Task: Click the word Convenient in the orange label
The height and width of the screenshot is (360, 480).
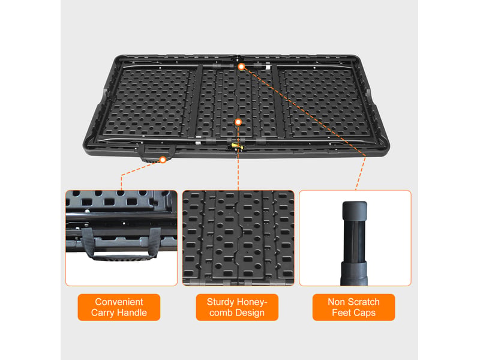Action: pyautogui.click(x=119, y=302)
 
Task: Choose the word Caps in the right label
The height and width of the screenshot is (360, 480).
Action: pyautogui.click(x=364, y=313)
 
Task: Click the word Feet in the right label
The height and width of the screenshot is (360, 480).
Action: pyautogui.click(x=341, y=313)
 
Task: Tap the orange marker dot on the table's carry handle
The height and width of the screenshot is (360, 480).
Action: pyautogui.click(x=163, y=160)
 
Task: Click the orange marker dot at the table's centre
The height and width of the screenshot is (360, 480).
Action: pyautogui.click(x=238, y=122)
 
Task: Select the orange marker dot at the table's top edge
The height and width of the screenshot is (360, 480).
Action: pyautogui.click(x=242, y=67)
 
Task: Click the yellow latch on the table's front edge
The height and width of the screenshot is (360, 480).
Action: pyautogui.click(x=236, y=146)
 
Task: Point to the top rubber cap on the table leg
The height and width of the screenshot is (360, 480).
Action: pyautogui.click(x=355, y=211)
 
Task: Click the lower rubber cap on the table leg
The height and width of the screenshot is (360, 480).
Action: pyautogui.click(x=354, y=273)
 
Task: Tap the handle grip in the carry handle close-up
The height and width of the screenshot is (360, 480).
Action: pyautogui.click(x=123, y=258)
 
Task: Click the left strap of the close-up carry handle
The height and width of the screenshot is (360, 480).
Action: pyautogui.click(x=88, y=242)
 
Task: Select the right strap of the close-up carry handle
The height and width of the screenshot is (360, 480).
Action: pyautogui.click(x=154, y=242)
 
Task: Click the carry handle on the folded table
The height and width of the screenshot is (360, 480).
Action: pyautogui.click(x=156, y=153)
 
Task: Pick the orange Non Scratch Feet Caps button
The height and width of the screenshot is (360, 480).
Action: pyautogui.click(x=353, y=307)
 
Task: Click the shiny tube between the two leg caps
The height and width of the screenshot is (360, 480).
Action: pyautogui.click(x=354, y=241)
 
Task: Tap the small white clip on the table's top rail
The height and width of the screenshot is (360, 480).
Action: pyautogui.click(x=268, y=66)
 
